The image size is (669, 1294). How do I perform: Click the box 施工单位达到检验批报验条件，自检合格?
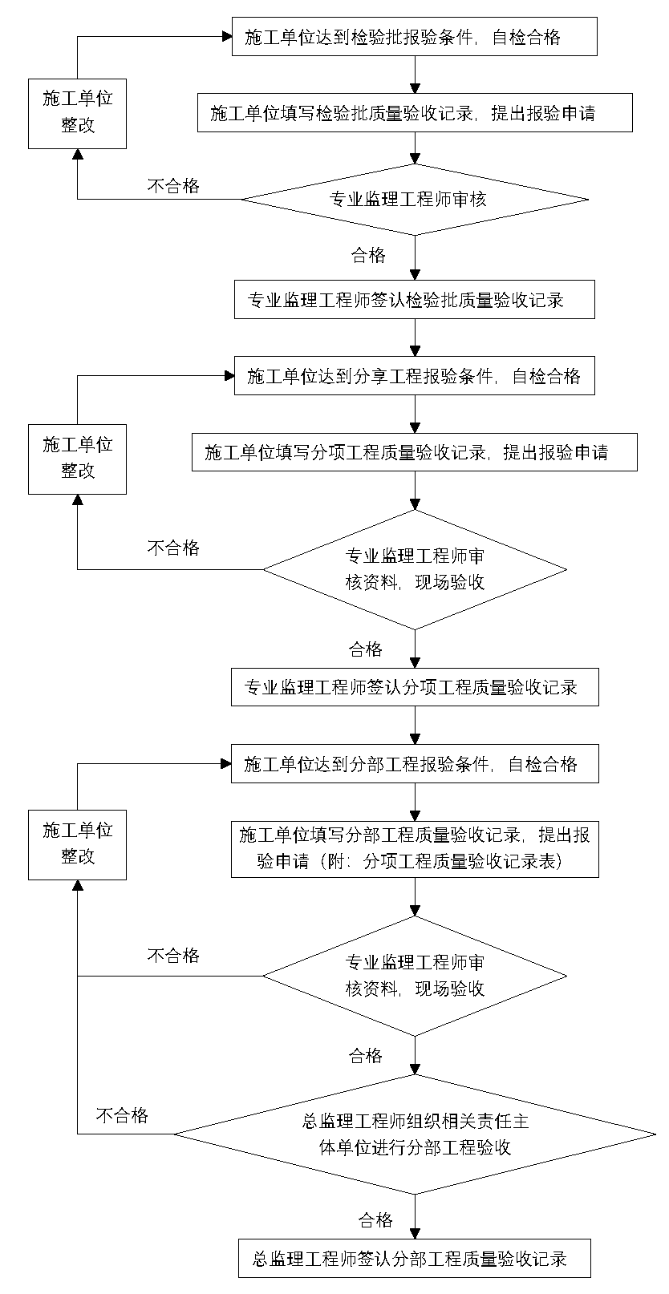pyautogui.click(x=414, y=37)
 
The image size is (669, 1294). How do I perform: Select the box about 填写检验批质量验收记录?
pyautogui.click(x=414, y=113)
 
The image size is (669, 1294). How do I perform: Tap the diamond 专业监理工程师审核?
pyautogui.click(x=414, y=200)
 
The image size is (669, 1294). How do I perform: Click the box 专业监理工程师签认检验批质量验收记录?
pyautogui.click(x=414, y=300)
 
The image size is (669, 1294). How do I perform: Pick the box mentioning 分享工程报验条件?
pyautogui.click(x=414, y=376)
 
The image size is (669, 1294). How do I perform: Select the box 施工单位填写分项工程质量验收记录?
pyautogui.click(x=414, y=452)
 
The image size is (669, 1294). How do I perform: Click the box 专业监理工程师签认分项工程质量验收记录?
pyautogui.click(x=414, y=687)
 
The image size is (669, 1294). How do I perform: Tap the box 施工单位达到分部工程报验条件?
pyautogui.click(x=414, y=764)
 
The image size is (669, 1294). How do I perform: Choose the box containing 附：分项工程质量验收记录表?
pyautogui.click(x=414, y=849)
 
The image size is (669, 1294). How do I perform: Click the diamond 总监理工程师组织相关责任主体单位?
pyautogui.click(x=414, y=1134)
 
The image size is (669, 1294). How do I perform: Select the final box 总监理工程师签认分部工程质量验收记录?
pyautogui.click(x=414, y=1258)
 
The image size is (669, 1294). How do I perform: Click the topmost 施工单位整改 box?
pyautogui.click(x=77, y=113)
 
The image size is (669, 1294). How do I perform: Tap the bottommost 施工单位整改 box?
pyautogui.click(x=77, y=844)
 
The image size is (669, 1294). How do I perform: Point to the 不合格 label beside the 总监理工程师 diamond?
pyautogui.click(x=122, y=1116)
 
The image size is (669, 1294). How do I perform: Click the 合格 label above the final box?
pyautogui.click(x=375, y=1220)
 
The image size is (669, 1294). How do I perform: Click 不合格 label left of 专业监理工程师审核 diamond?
pyautogui.click(x=173, y=186)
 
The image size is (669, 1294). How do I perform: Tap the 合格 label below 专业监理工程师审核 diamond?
pyautogui.click(x=368, y=256)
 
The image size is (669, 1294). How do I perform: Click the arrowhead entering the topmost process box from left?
pyautogui.click(x=226, y=35)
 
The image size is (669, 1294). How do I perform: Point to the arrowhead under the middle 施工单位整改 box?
pyautogui.click(x=77, y=499)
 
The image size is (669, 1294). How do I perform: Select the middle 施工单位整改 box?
pyautogui.click(x=77, y=459)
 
